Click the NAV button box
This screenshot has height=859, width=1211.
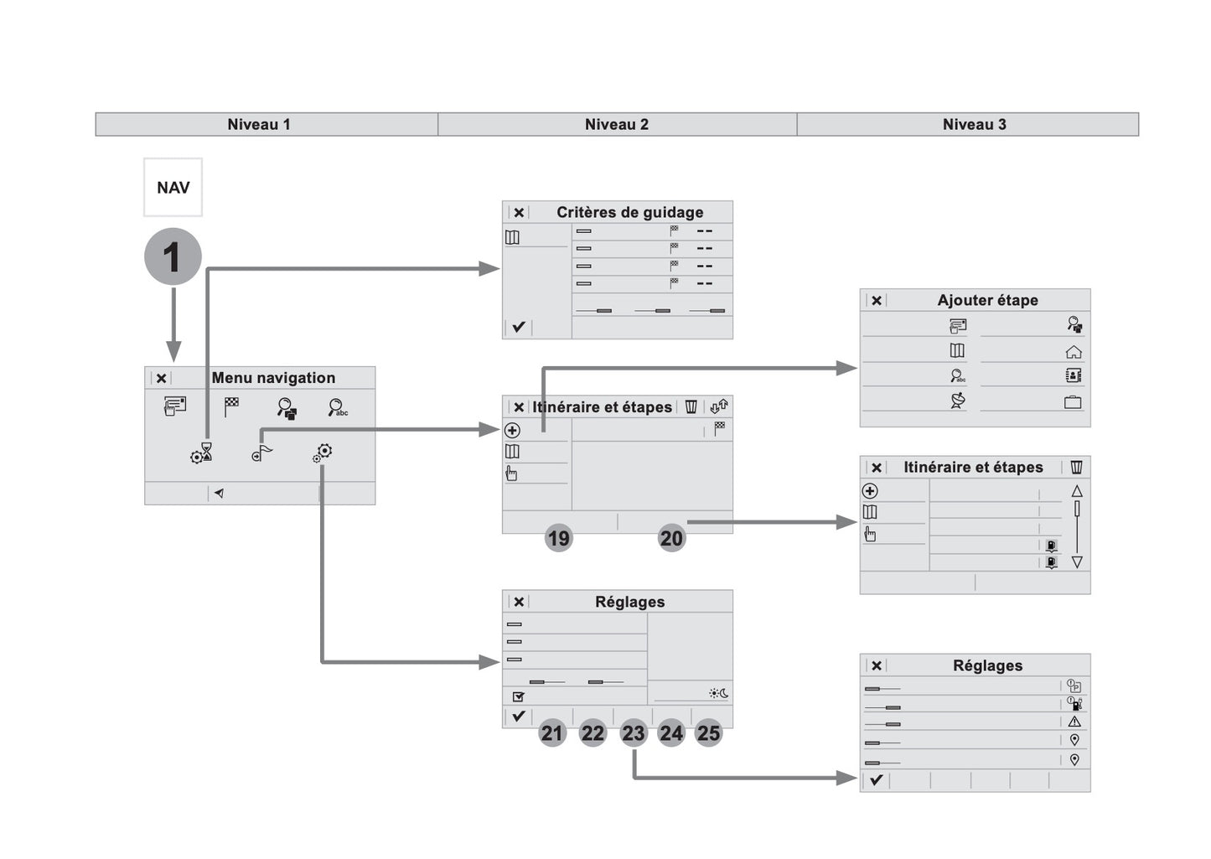[x=173, y=188]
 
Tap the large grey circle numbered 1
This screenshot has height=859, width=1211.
[x=173, y=256]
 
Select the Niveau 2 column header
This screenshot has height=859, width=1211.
[x=616, y=125]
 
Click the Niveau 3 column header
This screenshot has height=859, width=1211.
[x=974, y=125]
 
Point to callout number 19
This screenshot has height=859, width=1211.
[x=558, y=538]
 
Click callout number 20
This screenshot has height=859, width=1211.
[x=671, y=538]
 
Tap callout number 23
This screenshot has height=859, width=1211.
[x=633, y=733]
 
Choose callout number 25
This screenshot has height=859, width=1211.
[x=708, y=733]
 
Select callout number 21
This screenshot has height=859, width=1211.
[x=551, y=733]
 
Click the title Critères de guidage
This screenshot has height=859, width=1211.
[x=629, y=213]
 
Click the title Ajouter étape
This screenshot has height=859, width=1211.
[x=987, y=300]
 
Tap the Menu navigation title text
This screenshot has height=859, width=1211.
[x=273, y=378]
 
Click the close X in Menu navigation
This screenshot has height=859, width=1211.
[x=162, y=379]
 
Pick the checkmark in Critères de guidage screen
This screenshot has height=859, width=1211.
[x=518, y=327]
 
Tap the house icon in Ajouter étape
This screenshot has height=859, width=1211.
[x=1073, y=352]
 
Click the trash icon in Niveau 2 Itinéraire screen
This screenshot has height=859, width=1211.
[x=691, y=407]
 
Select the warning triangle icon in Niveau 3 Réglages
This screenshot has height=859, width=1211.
[x=1074, y=722]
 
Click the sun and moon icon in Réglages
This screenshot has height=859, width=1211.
[x=718, y=694]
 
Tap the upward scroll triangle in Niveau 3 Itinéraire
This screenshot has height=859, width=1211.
[x=1077, y=491]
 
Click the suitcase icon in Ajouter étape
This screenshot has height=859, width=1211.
[x=1073, y=402]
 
